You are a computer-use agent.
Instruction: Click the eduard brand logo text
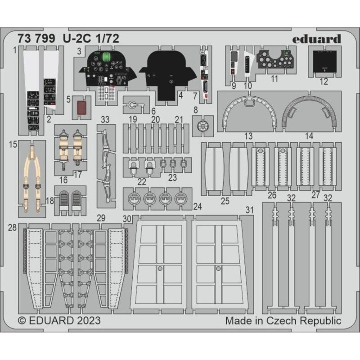317,39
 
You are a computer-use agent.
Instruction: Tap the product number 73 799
36,38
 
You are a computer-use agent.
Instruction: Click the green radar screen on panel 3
106,56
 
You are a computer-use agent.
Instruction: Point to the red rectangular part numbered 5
81,108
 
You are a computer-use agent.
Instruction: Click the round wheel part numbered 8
202,126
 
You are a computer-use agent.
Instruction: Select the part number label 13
248,136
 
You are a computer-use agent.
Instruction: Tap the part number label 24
198,207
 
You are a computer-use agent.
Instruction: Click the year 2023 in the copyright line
89,320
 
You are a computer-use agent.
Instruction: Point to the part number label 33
105,119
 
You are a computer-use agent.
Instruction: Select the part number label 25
225,201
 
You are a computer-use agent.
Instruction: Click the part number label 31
250,210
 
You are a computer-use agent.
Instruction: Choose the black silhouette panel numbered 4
168,75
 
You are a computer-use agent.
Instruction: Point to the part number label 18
50,201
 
